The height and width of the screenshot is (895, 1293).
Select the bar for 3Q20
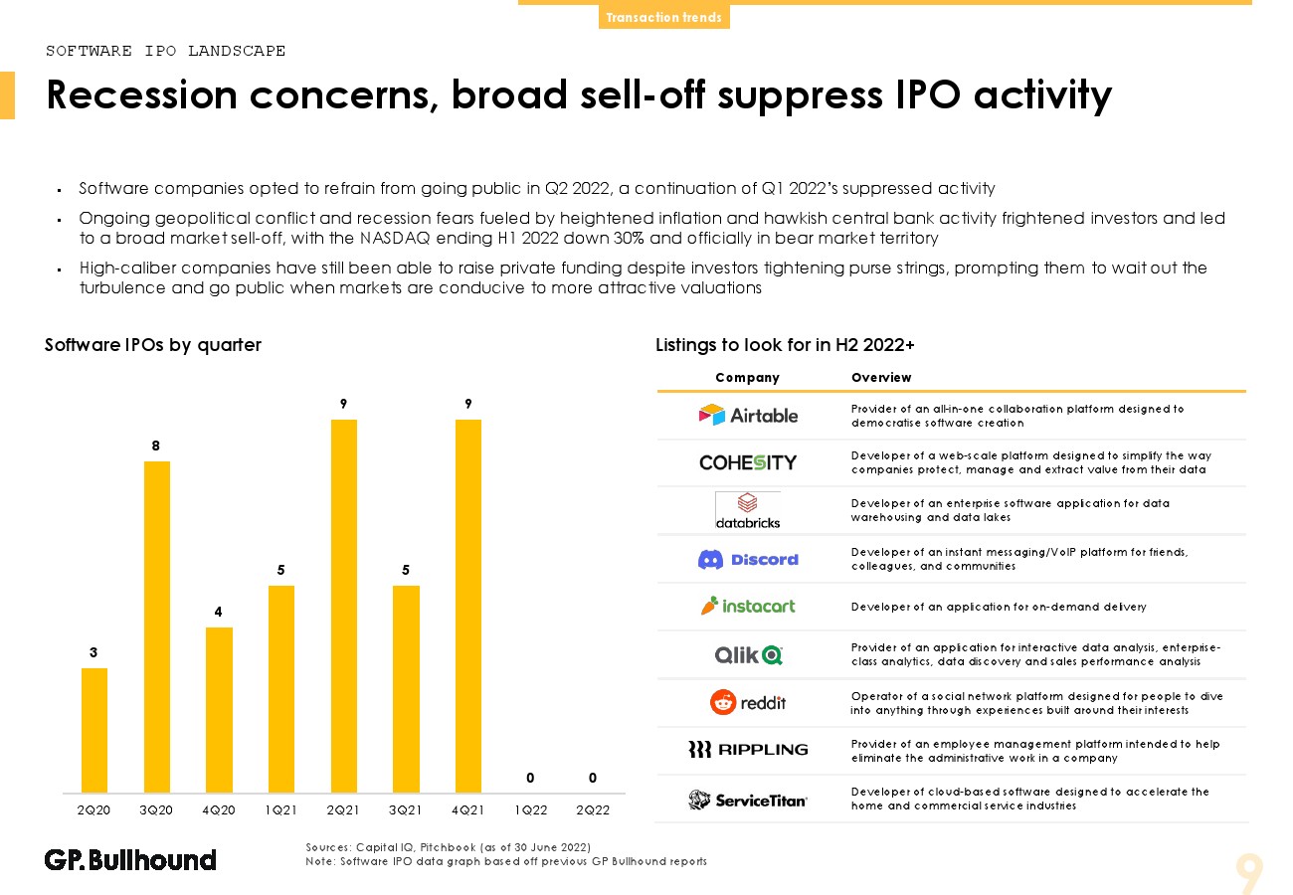pos(157,626)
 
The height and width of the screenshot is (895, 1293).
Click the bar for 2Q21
pos(344,606)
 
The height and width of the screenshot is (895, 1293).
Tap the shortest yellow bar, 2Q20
pos(94,730)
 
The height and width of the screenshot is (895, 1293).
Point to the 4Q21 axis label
pos(467,809)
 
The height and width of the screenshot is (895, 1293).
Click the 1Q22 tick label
pos(530,809)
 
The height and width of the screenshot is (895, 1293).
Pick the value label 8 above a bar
pos(156,447)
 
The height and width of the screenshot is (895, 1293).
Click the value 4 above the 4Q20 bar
pos(219,613)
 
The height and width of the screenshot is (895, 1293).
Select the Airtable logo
pos(748,415)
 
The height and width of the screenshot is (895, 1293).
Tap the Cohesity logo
pos(748,462)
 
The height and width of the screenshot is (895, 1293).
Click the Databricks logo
pos(748,510)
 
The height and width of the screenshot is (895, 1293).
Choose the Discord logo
pos(748,559)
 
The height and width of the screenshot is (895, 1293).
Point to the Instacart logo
pos(748,606)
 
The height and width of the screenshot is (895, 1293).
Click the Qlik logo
pos(748,654)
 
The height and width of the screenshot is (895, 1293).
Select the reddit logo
pos(748,702)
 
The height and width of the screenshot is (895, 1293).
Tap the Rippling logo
pos(748,750)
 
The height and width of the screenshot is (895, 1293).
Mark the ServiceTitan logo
pos(748,800)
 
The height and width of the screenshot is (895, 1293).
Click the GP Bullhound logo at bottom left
pos(130,859)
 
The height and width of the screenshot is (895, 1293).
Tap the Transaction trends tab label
pos(663,18)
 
